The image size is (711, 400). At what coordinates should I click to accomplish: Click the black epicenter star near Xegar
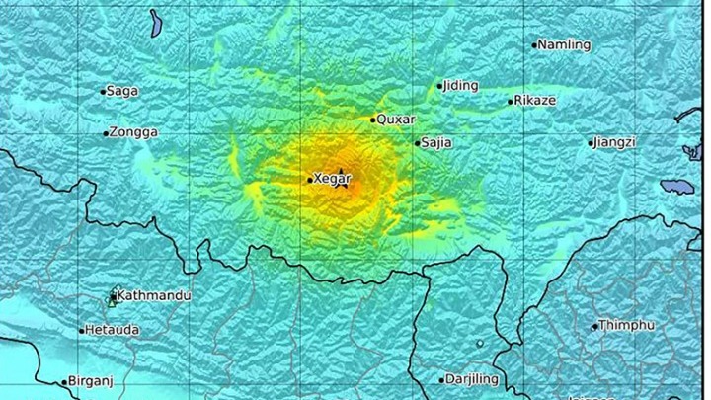tap(343, 177)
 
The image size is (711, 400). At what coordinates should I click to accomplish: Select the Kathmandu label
tap(154, 295)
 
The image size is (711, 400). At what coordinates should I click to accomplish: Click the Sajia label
tap(436, 142)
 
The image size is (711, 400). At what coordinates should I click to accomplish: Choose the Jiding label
tap(461, 85)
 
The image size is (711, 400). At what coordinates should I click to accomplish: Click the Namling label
tap(565, 44)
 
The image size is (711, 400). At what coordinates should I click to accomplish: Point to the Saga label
tap(122, 91)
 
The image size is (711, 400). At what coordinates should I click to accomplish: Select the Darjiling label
tap(473, 378)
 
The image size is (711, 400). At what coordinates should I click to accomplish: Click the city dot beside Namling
tap(534, 44)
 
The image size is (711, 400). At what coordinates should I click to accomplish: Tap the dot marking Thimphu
tap(596, 326)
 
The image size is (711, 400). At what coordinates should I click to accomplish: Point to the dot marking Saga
tap(103, 92)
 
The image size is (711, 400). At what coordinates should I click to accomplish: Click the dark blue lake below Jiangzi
tap(678, 185)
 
